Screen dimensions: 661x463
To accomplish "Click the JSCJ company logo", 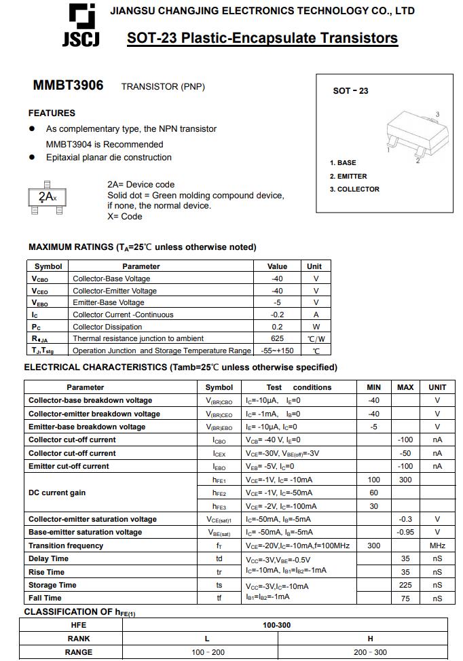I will (81, 26).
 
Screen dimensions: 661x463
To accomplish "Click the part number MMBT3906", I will (69, 86).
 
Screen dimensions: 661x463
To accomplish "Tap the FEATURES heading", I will (52, 113).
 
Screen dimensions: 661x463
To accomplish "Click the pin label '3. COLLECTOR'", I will (354, 189).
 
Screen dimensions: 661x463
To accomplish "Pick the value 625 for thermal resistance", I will (277, 338).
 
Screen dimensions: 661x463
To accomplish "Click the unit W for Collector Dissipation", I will (316, 326).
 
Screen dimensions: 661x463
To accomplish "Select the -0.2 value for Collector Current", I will (277, 315).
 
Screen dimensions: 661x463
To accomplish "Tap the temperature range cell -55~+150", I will (277, 351).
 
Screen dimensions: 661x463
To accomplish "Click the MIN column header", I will (373, 387).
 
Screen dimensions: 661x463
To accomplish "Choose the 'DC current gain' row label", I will (57, 493).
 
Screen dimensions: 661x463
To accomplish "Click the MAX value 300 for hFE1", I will (405, 480).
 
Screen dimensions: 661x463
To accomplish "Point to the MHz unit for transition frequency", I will (437, 546).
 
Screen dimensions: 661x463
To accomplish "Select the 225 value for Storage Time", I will (405, 585).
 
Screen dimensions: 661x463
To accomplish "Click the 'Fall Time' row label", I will (45, 598).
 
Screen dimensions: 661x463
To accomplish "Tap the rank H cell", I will (370, 639).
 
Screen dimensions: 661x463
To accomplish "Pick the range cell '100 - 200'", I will (208, 652).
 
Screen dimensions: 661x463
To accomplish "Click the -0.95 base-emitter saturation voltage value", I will (405, 532).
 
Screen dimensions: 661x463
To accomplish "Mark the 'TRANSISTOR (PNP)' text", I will (163, 86).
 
